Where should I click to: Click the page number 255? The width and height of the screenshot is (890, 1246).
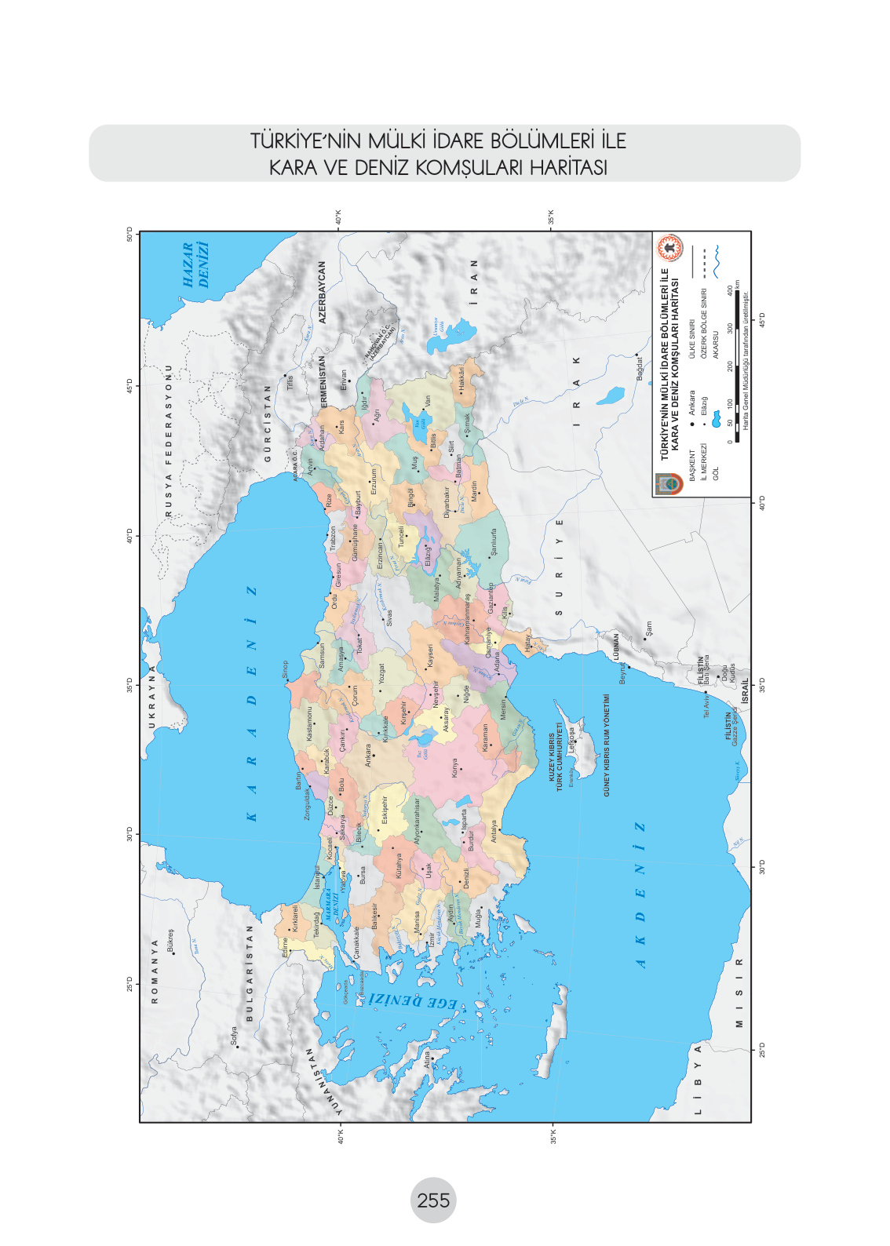(x=433, y=1200)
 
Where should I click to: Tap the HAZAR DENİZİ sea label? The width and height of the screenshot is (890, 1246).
(x=196, y=264)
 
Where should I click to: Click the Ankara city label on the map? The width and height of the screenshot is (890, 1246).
(x=369, y=756)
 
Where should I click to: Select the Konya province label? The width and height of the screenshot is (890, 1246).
(x=455, y=767)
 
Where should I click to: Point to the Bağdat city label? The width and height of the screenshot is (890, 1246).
(x=640, y=369)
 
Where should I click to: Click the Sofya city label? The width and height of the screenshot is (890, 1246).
(x=234, y=1037)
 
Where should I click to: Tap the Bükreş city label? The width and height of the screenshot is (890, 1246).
(x=170, y=940)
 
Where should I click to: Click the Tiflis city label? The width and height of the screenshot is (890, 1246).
(x=290, y=383)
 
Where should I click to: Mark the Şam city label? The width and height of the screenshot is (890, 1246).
(x=648, y=628)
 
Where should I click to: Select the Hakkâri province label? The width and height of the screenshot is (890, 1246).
(x=461, y=377)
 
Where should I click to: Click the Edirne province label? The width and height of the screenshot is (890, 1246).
(x=285, y=947)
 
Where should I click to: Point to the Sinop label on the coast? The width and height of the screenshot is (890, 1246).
(x=285, y=669)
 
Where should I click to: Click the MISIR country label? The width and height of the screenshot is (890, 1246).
(x=739, y=992)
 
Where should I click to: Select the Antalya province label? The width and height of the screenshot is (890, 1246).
(x=494, y=831)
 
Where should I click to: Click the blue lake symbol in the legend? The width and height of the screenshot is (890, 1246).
(x=715, y=419)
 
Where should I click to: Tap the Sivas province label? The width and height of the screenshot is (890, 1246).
(x=388, y=618)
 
